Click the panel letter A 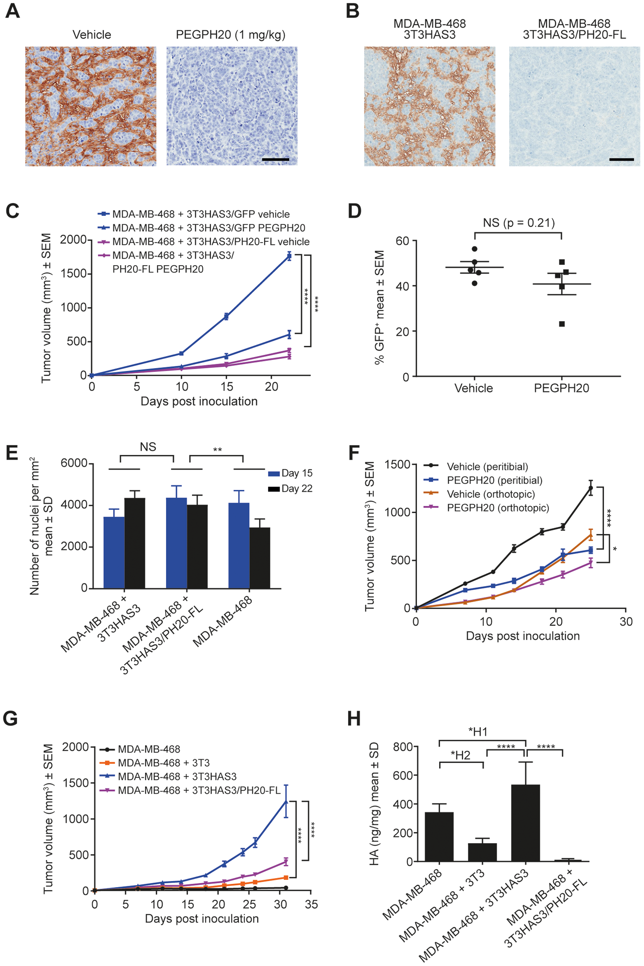(12, 11)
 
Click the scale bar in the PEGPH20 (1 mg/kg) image (275, 160)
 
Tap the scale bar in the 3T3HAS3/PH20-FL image (621, 160)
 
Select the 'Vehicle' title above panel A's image (92, 35)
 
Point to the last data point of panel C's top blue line (289, 256)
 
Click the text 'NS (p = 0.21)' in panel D (519, 223)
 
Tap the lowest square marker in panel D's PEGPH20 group (562, 324)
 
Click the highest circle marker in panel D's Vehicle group (475, 249)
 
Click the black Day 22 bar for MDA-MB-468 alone (259, 558)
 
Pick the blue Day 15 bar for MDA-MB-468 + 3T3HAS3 (114, 553)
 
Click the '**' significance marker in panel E (217, 450)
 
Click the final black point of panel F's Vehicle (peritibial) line (591, 488)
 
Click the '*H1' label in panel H (478, 732)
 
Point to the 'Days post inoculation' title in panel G (202, 918)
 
